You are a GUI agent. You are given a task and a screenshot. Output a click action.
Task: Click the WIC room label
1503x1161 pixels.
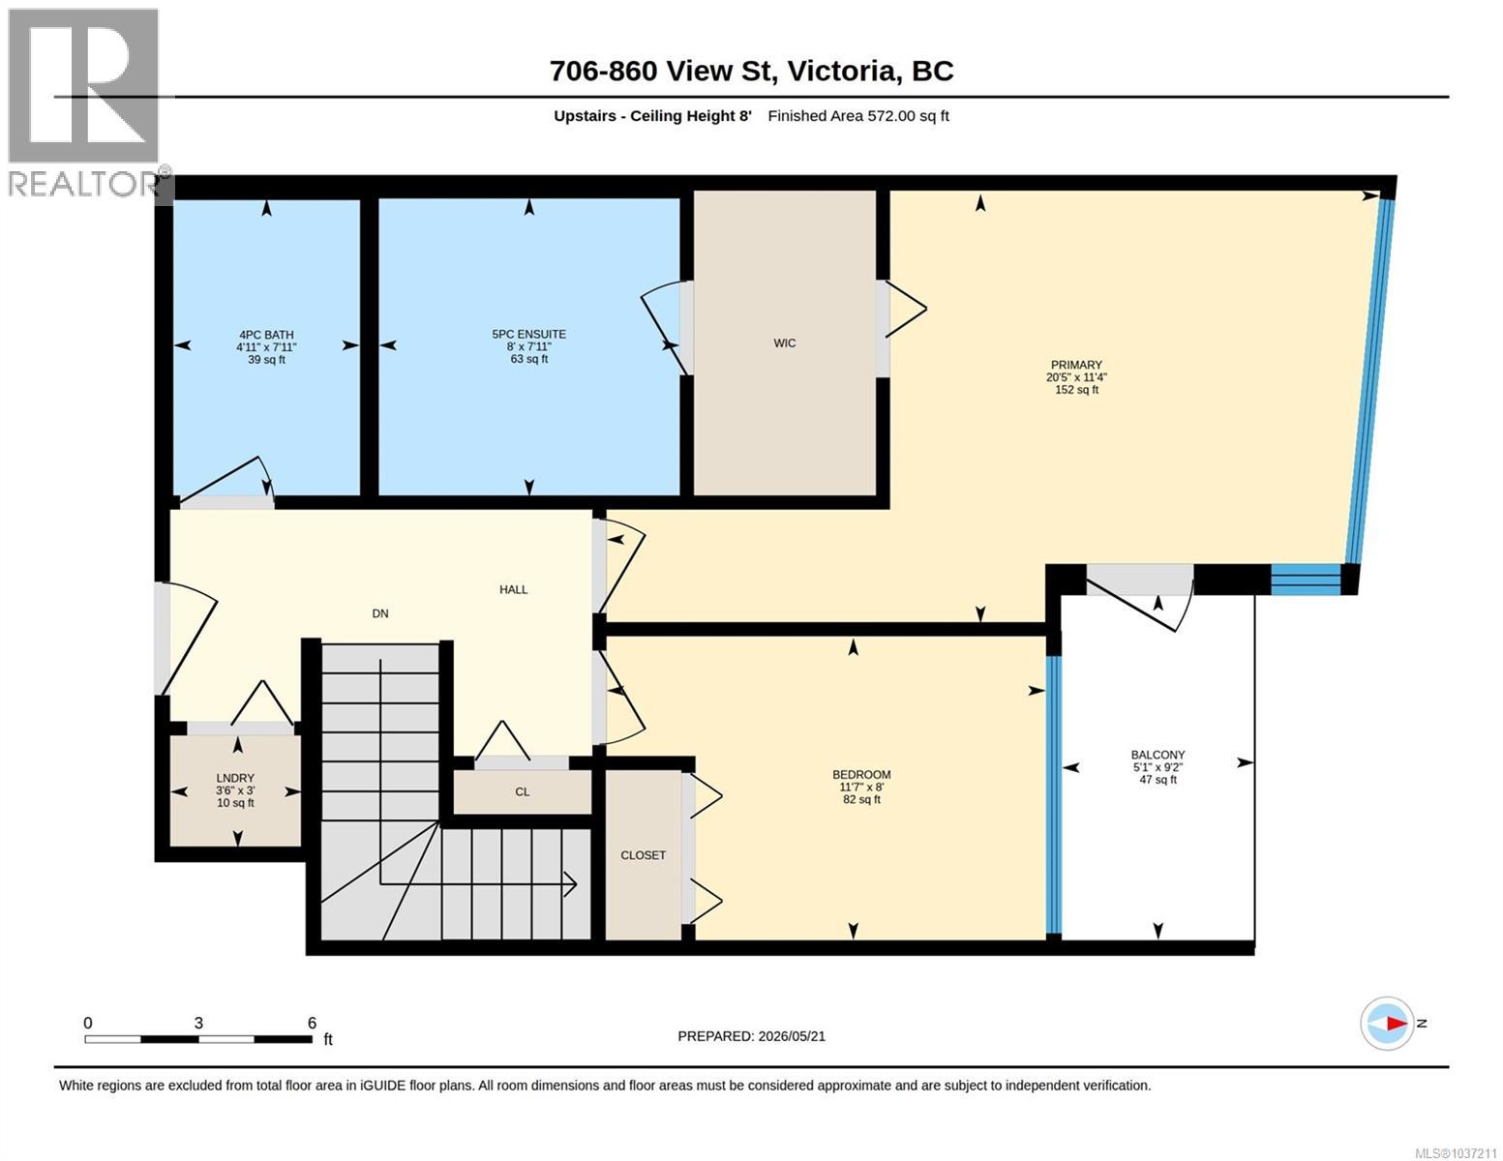(x=784, y=342)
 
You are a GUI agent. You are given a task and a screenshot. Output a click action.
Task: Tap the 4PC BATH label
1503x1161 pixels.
(x=266, y=335)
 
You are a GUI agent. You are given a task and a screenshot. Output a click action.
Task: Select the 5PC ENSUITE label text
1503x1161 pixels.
(x=529, y=334)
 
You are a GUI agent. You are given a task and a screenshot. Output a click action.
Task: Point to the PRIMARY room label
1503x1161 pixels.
(x=1076, y=365)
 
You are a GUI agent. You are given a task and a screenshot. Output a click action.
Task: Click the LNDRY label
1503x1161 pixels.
(x=235, y=778)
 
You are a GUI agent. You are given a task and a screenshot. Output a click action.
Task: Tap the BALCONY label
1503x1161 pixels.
(x=1157, y=755)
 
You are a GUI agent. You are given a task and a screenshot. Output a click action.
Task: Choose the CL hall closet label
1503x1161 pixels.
(x=523, y=791)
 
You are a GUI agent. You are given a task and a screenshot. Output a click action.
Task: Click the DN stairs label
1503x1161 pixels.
(x=379, y=613)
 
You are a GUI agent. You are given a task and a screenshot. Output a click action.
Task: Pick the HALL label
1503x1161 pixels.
(x=513, y=589)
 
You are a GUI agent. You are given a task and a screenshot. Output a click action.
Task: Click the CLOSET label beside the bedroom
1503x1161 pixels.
(x=644, y=855)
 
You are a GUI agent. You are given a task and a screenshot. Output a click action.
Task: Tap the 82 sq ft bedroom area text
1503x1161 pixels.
(x=861, y=799)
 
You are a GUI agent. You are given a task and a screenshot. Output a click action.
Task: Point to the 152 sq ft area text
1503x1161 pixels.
(x=1076, y=389)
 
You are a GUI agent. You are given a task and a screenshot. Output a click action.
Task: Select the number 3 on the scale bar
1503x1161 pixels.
(x=198, y=1023)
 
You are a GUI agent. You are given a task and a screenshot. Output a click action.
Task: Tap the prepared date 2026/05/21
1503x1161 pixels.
(x=792, y=1036)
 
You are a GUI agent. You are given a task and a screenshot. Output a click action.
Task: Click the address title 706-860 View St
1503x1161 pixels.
(x=664, y=72)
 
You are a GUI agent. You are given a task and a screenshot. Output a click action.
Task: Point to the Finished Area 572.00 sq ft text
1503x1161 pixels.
(x=858, y=115)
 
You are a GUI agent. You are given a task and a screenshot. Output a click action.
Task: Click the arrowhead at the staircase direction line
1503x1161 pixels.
(x=571, y=883)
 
